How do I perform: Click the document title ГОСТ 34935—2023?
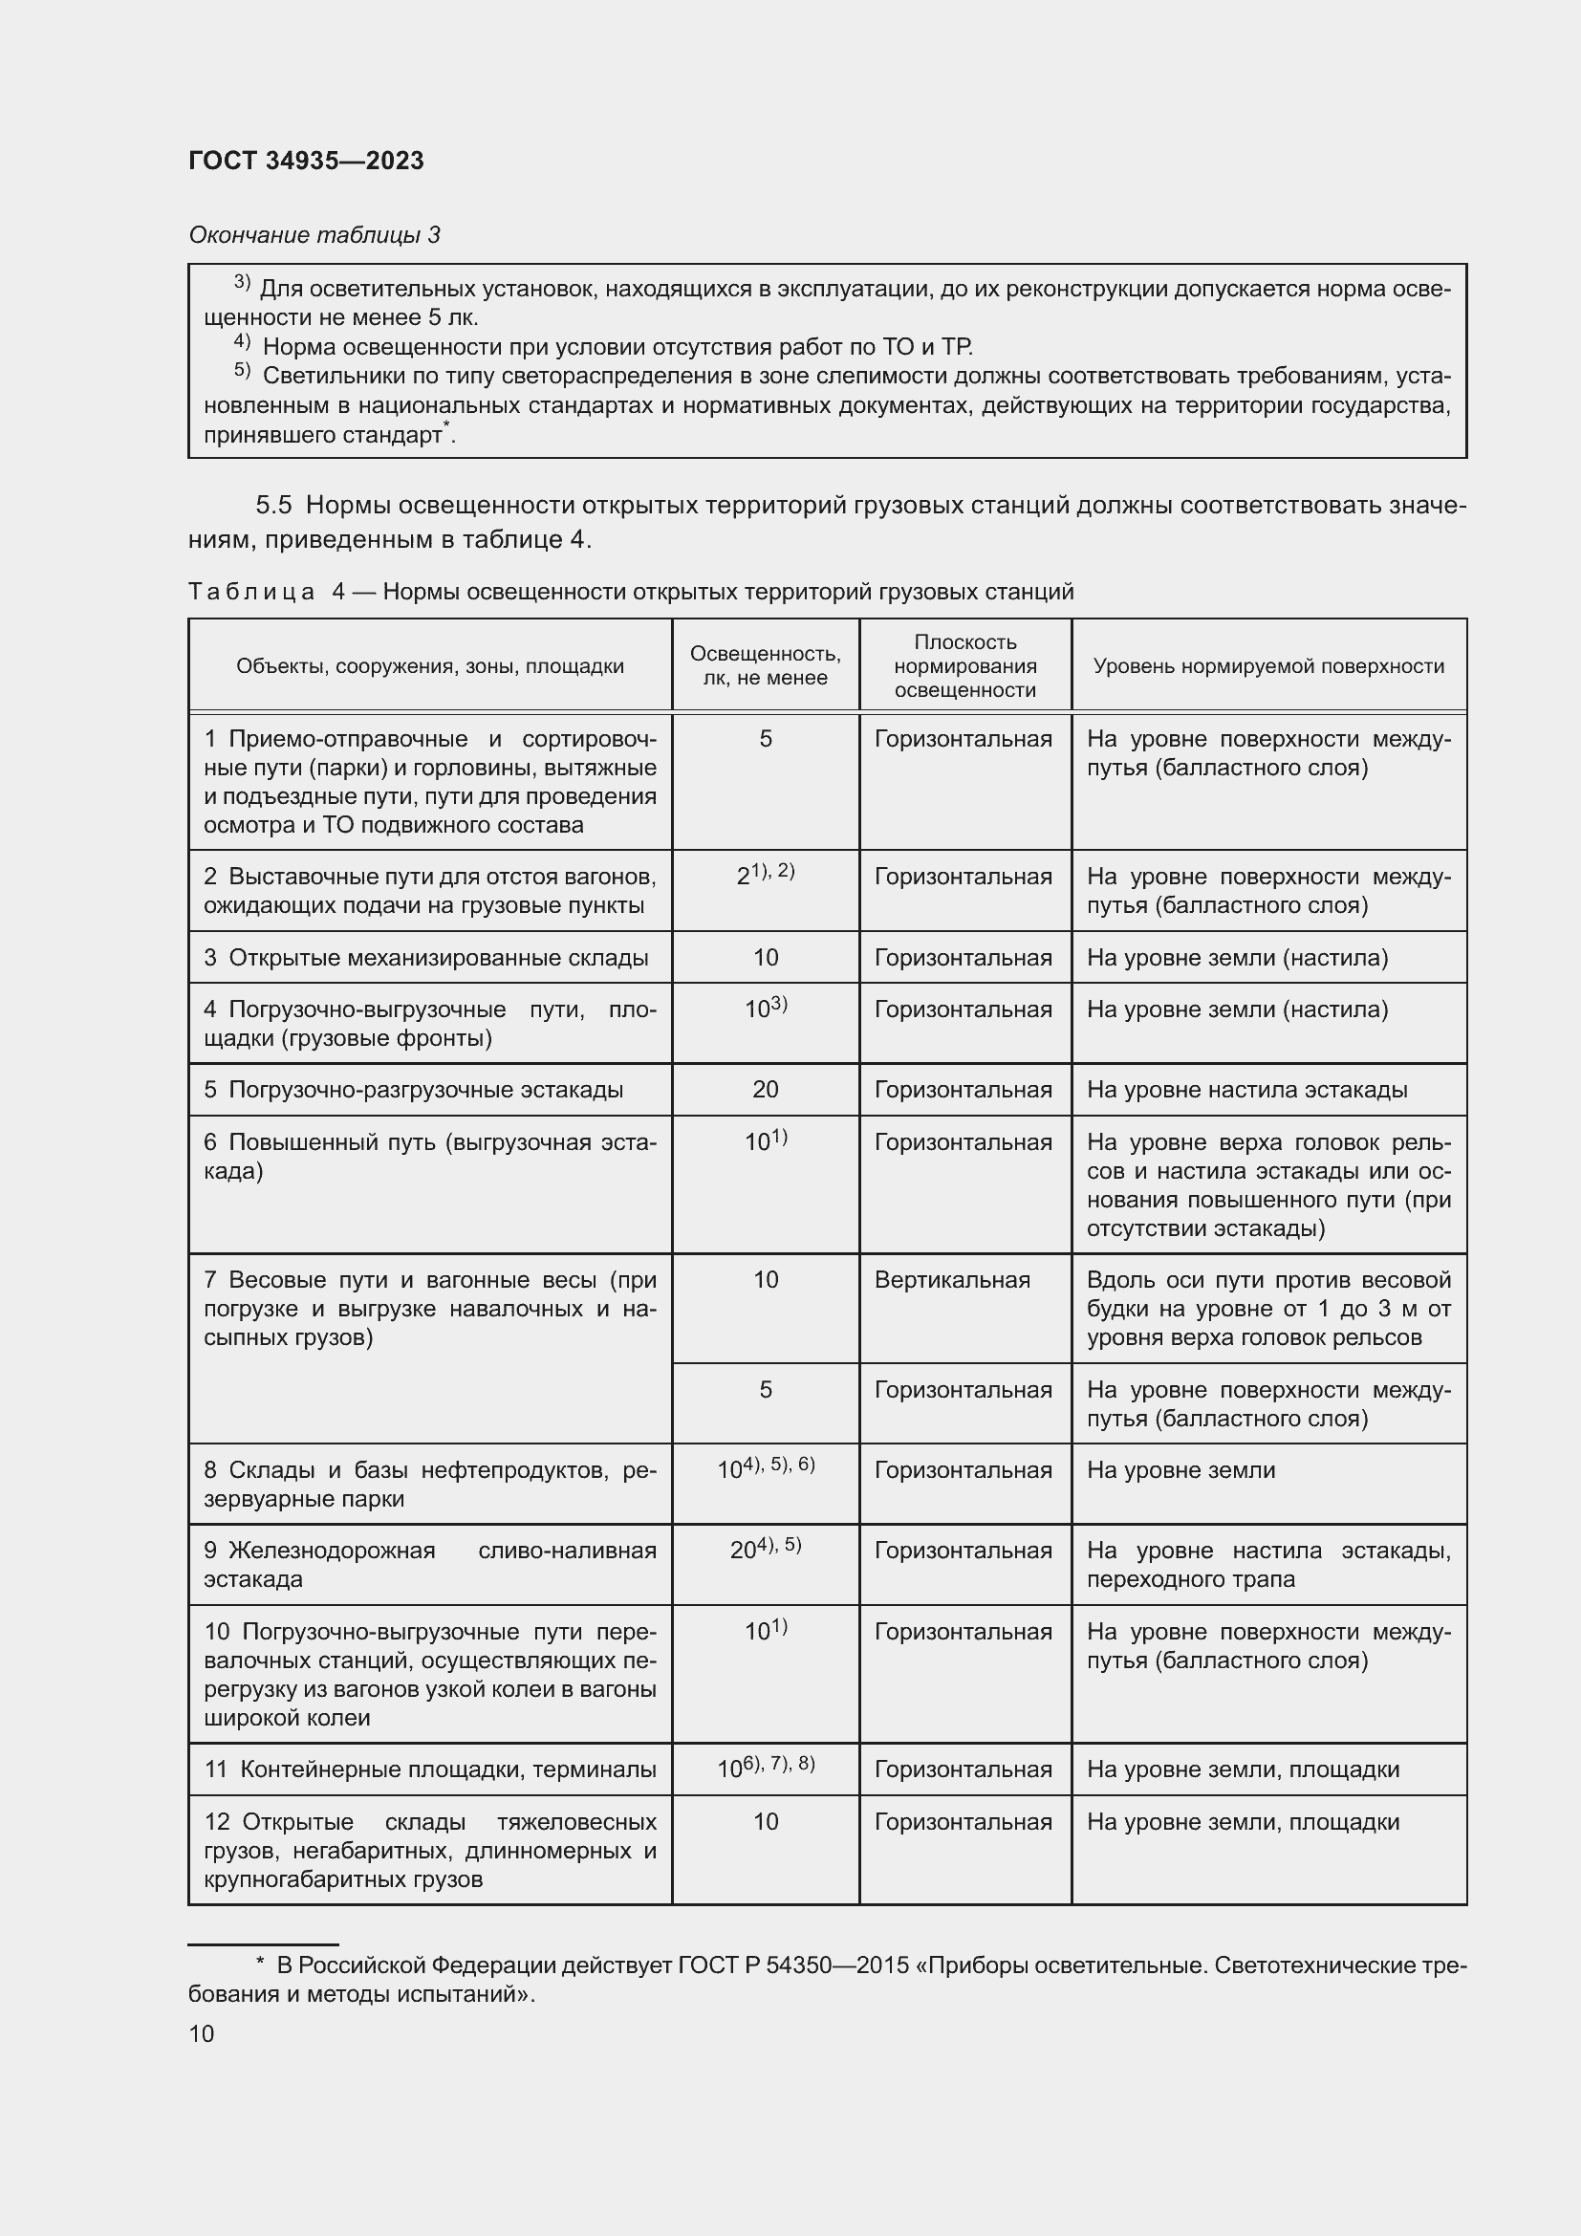[x=306, y=162]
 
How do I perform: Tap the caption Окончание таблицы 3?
[x=314, y=235]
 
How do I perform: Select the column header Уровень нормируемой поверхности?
[x=1267, y=666]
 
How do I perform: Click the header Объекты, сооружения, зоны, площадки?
[x=429, y=666]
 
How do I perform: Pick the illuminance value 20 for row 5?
[x=766, y=1089]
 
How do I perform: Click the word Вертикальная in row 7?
[x=951, y=1280]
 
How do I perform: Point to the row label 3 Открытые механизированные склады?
[x=425, y=957]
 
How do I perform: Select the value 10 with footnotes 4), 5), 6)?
[x=766, y=1468]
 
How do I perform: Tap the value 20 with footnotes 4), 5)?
[x=766, y=1550]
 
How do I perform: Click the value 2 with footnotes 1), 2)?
[x=766, y=875]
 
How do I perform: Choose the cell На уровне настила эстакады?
[x=1246, y=1089]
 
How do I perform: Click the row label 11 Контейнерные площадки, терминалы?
[x=429, y=1769]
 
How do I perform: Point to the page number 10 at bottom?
[x=202, y=2033]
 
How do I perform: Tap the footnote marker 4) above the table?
[x=243, y=343]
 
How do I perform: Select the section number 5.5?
[x=273, y=505]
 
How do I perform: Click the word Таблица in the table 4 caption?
[x=251, y=591]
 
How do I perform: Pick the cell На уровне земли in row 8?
[x=1180, y=1469]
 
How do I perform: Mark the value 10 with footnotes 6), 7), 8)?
[x=766, y=1768]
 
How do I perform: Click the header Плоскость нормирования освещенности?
[x=964, y=666]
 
